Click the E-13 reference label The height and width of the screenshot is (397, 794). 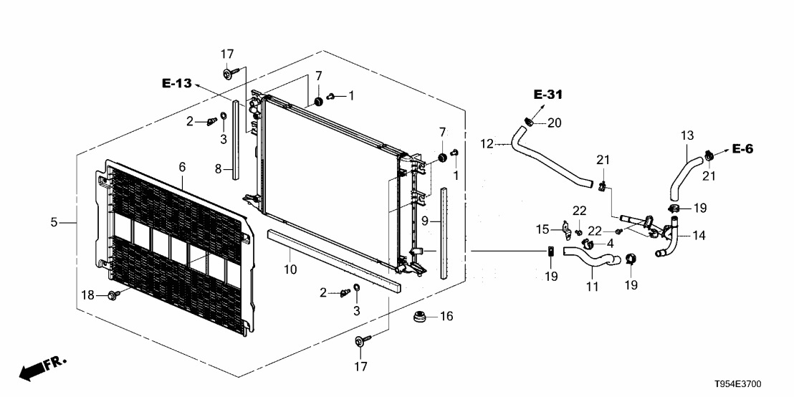tap(177, 84)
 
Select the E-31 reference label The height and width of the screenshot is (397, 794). tap(548, 94)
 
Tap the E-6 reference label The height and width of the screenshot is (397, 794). tap(742, 148)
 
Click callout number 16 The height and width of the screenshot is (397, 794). tap(446, 317)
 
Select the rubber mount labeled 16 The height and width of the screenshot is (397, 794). tap(418, 317)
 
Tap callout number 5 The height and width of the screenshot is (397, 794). tap(54, 222)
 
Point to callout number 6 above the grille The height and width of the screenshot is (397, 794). tap(182, 167)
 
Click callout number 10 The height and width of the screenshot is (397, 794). tap(290, 269)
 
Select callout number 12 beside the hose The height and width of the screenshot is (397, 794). tap(487, 144)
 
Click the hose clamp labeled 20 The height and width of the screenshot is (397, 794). tap(529, 122)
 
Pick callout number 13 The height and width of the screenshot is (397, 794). tap(687, 135)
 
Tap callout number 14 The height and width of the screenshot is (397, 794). tap(699, 236)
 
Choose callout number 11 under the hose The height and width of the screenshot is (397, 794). tap(593, 287)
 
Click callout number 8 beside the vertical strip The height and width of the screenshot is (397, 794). tap(219, 169)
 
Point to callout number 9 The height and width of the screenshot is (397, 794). tap(426, 221)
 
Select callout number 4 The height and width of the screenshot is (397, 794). tap(610, 244)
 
